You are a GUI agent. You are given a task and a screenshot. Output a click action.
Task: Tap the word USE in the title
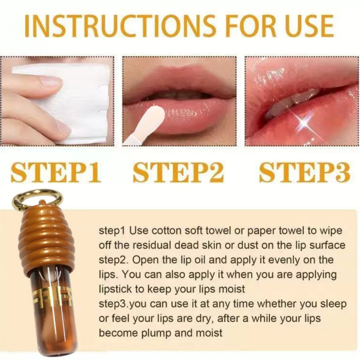pyautogui.click(x=308, y=26)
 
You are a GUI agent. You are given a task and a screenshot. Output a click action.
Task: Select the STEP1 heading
pyautogui.click(x=56, y=172)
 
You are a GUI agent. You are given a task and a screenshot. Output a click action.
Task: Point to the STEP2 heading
pyautogui.click(x=178, y=172)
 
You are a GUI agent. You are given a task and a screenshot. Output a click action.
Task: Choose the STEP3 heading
pyautogui.click(x=305, y=172)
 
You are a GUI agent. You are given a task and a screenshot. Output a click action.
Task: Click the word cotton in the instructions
pyautogui.click(x=166, y=231)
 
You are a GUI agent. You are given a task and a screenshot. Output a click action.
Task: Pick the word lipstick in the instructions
pyautogui.click(x=115, y=289)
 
